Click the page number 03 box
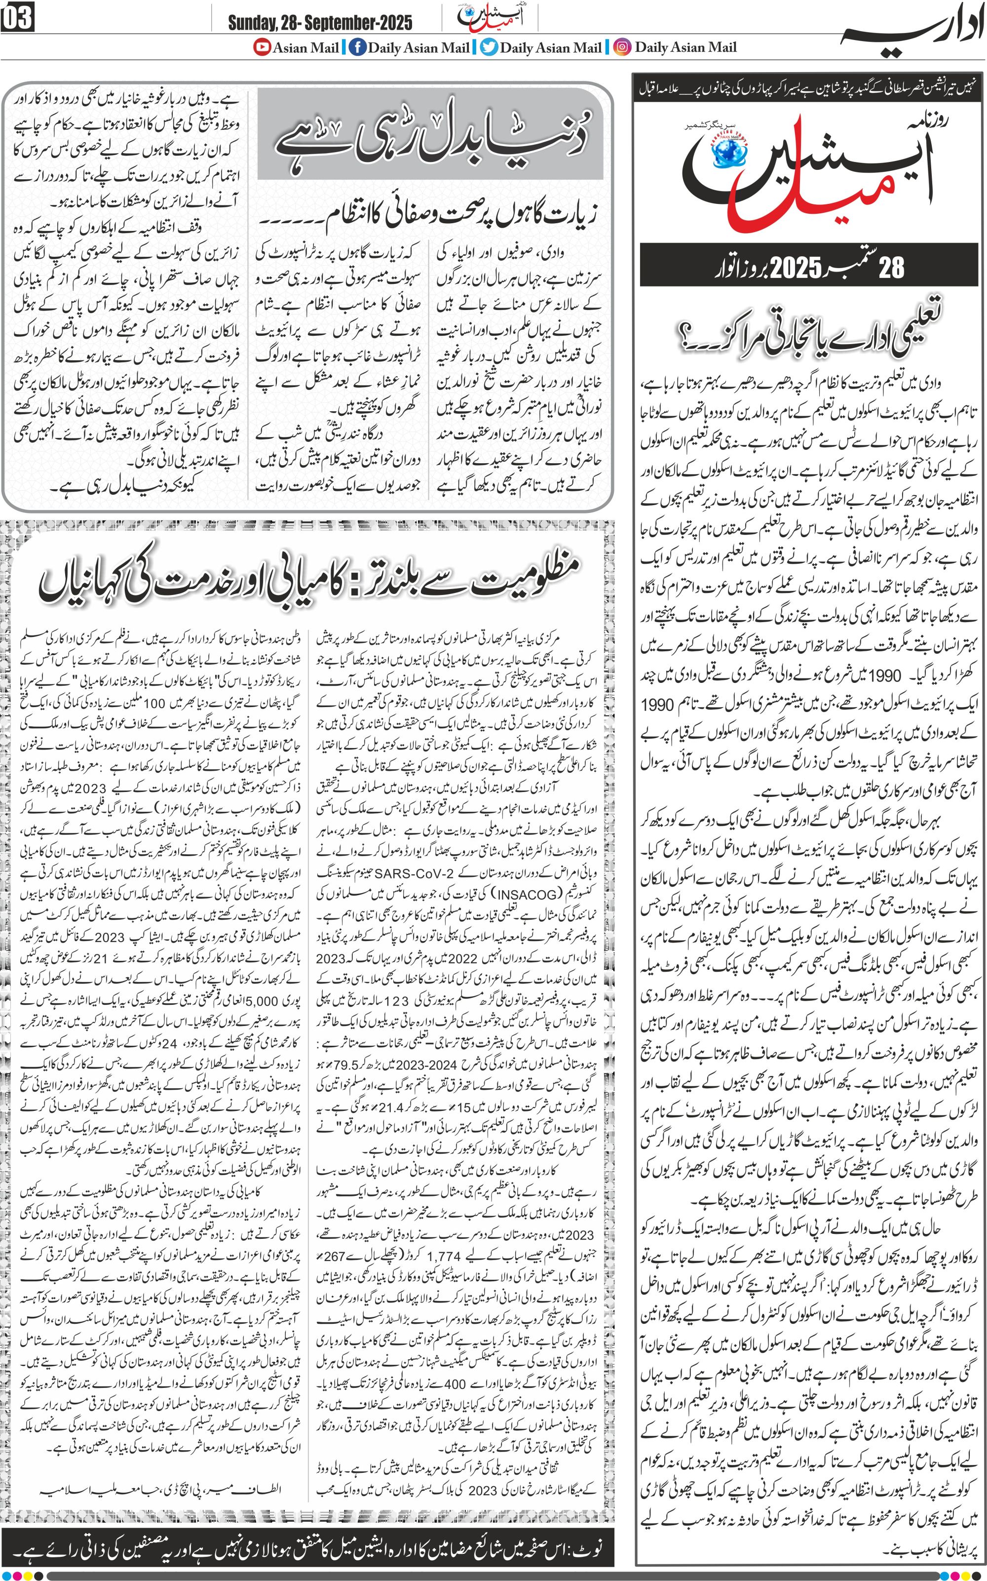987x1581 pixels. [18, 18]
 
